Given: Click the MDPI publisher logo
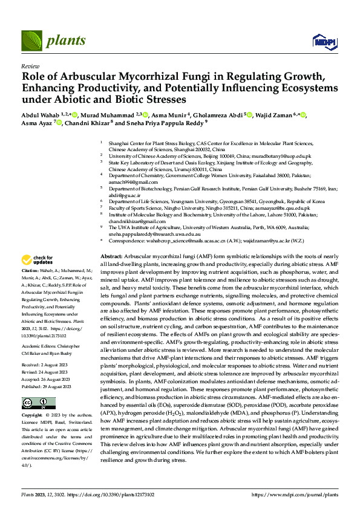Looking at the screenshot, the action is [x=322, y=41].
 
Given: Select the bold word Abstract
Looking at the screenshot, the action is [x=112, y=256].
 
